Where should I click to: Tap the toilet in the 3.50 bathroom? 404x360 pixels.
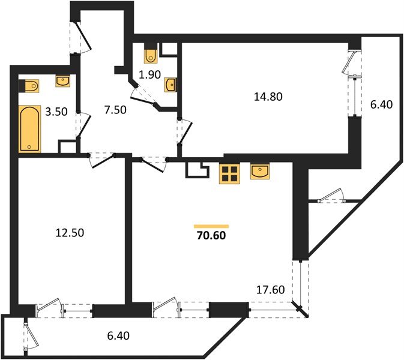[31, 86]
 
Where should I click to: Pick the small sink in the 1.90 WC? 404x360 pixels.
[170, 85]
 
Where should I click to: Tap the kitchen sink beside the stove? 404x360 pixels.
[260, 172]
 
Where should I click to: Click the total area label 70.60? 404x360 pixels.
[211, 235]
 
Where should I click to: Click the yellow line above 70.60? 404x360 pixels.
[211, 226]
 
